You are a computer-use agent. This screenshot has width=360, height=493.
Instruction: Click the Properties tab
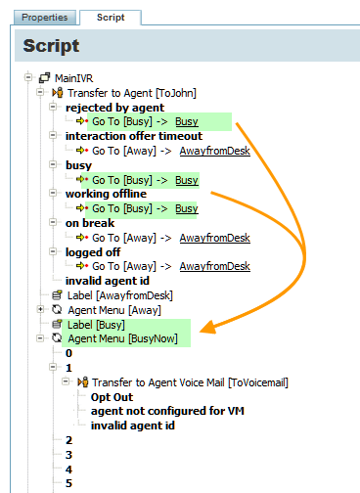(x=45, y=18)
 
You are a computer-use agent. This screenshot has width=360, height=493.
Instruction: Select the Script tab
(x=111, y=18)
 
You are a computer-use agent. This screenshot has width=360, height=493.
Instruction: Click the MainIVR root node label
(x=73, y=78)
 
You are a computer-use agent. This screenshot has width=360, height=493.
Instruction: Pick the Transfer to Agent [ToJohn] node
(x=132, y=93)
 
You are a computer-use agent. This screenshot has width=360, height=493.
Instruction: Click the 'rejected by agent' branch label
(x=114, y=108)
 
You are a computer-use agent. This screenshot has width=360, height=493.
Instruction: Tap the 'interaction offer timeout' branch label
(x=134, y=136)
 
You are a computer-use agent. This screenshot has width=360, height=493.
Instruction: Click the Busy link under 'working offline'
(x=187, y=208)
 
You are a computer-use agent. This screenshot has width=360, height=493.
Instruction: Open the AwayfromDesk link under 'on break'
(x=215, y=238)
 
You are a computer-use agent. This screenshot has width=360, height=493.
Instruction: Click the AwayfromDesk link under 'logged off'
(x=215, y=266)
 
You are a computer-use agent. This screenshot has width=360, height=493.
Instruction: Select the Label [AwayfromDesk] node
(x=119, y=295)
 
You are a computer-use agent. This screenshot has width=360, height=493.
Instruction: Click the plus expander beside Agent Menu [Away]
(x=40, y=309)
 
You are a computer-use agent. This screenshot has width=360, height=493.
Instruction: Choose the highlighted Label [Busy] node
(x=96, y=325)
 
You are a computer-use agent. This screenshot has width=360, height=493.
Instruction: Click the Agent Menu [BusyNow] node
(x=122, y=338)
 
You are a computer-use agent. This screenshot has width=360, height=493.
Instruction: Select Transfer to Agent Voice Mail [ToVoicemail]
(x=190, y=382)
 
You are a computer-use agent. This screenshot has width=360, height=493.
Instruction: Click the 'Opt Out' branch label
(x=112, y=397)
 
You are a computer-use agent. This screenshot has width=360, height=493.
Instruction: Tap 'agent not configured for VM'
(x=167, y=411)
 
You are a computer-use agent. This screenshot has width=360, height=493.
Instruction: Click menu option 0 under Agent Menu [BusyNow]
(x=68, y=353)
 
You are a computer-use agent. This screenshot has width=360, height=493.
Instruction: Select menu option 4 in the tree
(x=68, y=470)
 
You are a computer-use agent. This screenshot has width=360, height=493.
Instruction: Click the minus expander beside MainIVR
(x=28, y=77)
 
